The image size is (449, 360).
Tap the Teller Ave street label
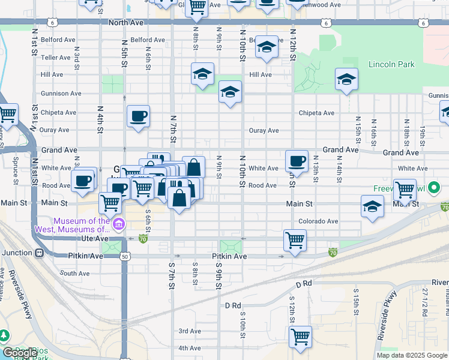pyautogui.click(x=56, y=58)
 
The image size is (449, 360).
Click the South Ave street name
pyautogui.click(x=74, y=273)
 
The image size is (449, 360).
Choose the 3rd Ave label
pyautogui.click(x=190, y=331)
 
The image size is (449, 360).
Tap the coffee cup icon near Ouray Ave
pyautogui.click(x=139, y=116)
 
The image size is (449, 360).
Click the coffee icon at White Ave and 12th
pyautogui.click(x=297, y=161)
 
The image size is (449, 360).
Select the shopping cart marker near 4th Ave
pyautogui.click(x=301, y=336)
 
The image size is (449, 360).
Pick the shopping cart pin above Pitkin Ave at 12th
pyautogui.click(x=295, y=241)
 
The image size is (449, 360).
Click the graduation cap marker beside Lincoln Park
pyautogui.click(x=346, y=79)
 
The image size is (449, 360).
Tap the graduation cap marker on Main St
pyautogui.click(x=373, y=207)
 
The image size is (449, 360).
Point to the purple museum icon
pyautogui.click(x=119, y=225)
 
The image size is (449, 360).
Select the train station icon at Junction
pyautogui.click(x=40, y=253)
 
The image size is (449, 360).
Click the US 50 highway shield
pyautogui.click(x=124, y=256)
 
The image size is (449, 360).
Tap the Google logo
pyautogui.click(x=20, y=353)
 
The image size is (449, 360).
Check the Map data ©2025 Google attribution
pyautogui.click(x=412, y=355)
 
